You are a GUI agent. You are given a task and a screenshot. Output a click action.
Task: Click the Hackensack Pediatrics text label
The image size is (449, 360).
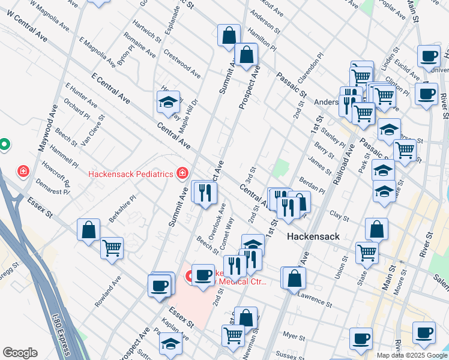pyautogui.click(x=131, y=175)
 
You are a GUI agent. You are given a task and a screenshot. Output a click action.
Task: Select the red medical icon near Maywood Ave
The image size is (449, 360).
pyautogui.click(x=23, y=172)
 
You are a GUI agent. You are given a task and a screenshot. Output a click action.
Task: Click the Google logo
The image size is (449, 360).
pyautogui.click(x=20, y=353)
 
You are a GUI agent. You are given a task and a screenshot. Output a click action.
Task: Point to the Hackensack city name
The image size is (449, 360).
pyautogui.click(x=313, y=236)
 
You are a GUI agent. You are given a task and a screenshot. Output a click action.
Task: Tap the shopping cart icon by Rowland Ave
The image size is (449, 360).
pyautogui.click(x=112, y=247)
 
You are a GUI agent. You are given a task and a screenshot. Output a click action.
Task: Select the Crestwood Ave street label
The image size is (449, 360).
pyautogui.click(x=182, y=63)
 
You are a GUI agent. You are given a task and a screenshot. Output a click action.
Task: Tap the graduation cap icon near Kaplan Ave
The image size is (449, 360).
pyautogui.click(x=170, y=345)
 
